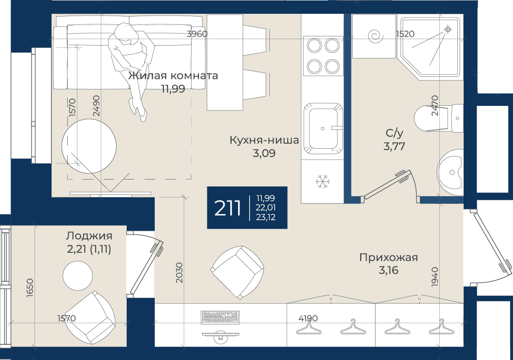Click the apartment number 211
tap(227, 208)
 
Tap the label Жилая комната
tap(173, 75)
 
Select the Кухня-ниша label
tap(264, 140)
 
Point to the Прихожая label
tap(388, 257)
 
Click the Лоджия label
tap(89, 236)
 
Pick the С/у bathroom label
tap(394, 133)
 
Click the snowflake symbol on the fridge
tap(323, 181)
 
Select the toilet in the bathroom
tap(438, 118)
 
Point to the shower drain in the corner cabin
tap(448, 30)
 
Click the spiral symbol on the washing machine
tap(375, 36)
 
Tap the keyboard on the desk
tap(221, 317)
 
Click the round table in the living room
tap(89, 146)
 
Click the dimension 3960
tap(197, 34)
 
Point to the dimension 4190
tap(308, 318)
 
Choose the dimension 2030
tap(179, 273)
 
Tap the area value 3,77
tap(394, 146)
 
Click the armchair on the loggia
tap(90, 317)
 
